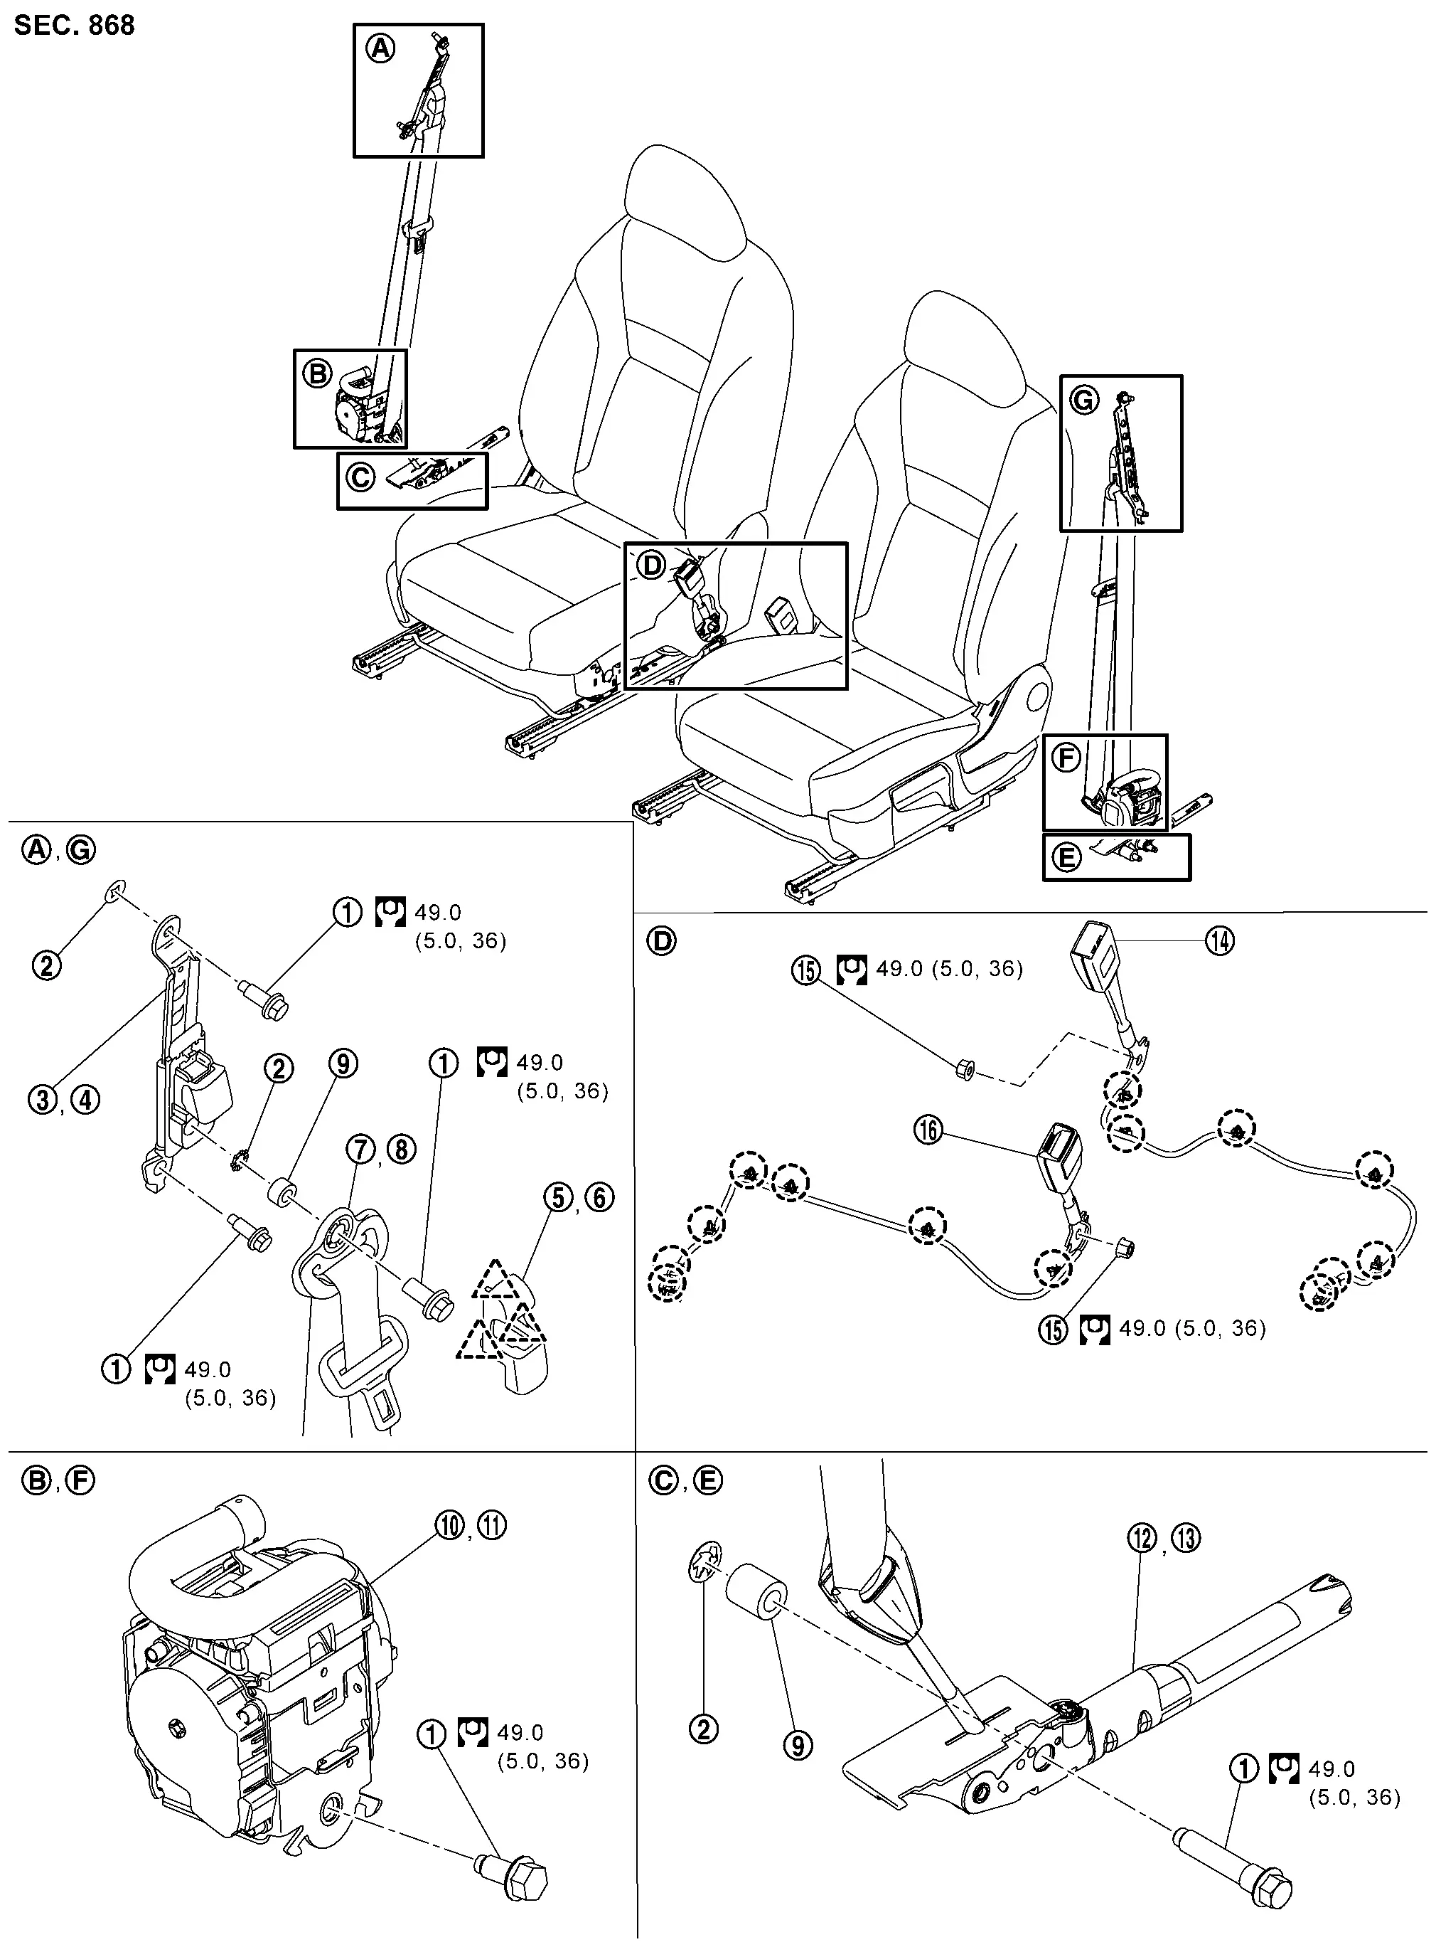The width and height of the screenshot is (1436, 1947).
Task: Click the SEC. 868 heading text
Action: coord(75,25)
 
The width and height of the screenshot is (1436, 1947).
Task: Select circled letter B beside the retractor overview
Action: coord(317,374)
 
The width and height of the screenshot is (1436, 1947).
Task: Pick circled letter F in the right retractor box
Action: coord(1066,758)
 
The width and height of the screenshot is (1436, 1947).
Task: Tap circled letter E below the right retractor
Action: coord(1066,859)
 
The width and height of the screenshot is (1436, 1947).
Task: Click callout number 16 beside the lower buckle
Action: coord(929,1130)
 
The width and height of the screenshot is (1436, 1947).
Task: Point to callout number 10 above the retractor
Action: coord(450,1525)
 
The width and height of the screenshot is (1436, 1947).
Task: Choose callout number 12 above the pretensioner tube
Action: coord(1143,1538)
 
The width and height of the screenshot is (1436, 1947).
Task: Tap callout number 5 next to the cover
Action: coord(559,1197)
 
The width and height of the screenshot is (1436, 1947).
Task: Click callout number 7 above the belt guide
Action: coord(360,1150)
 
